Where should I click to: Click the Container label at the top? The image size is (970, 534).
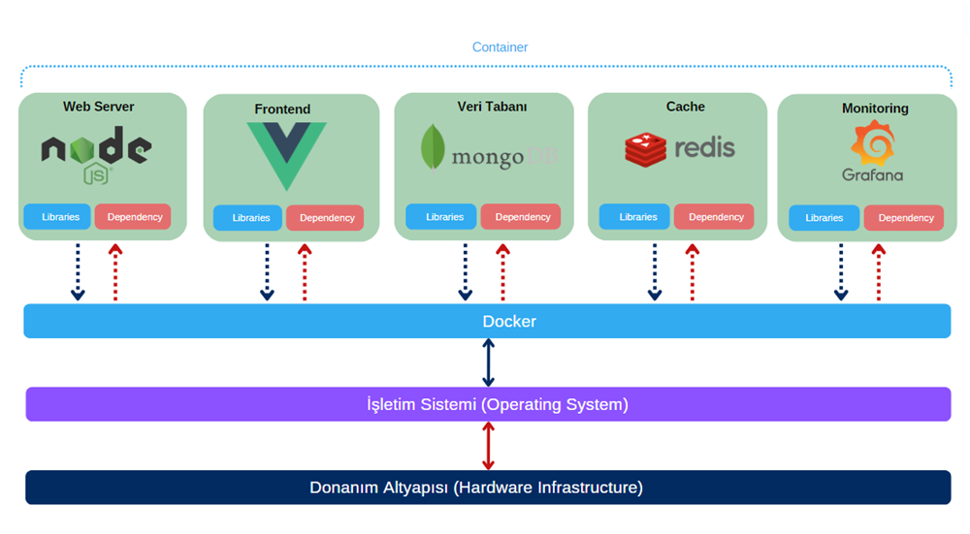[500, 47]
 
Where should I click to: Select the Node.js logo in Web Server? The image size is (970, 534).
[96, 152]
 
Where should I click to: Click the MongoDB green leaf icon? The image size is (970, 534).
[433, 148]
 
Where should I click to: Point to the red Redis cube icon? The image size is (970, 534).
[645, 149]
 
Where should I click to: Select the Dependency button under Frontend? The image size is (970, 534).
[326, 218]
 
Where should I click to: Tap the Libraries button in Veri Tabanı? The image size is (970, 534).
[442, 217]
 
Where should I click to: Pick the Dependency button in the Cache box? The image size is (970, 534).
[715, 217]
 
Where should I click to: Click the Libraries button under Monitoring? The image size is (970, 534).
[824, 218]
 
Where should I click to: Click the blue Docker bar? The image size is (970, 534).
[487, 321]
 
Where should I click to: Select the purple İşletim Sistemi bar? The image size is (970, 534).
[487, 404]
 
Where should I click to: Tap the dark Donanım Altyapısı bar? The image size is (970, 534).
[487, 487]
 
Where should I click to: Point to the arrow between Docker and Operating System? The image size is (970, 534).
[488, 362]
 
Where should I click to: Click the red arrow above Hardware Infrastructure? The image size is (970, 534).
[488, 446]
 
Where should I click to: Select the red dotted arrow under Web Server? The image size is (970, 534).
[115, 272]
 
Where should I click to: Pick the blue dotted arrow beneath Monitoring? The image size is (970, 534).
[841, 272]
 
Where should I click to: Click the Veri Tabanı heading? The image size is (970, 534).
[492, 107]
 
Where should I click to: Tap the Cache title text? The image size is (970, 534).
[685, 107]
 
